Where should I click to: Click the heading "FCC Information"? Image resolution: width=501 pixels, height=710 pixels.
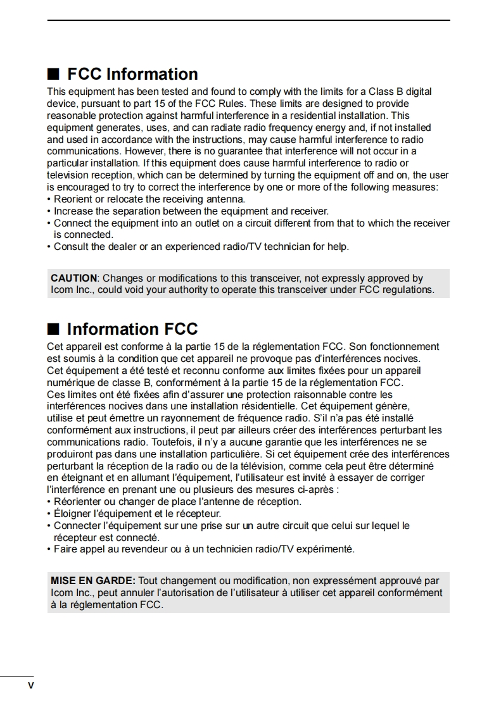pyautogui.click(x=132, y=74)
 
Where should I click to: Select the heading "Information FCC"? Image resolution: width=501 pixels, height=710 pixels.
pyautogui.click(x=132, y=329)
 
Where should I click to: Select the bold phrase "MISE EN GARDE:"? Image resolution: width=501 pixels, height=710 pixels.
pyautogui.click(x=92, y=581)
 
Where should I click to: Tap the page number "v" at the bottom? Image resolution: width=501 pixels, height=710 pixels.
pyautogui.click(x=30, y=686)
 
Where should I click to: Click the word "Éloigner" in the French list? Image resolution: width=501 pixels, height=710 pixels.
pyautogui.click(x=72, y=514)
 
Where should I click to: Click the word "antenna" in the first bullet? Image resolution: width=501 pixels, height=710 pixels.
pyautogui.click(x=226, y=199)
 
